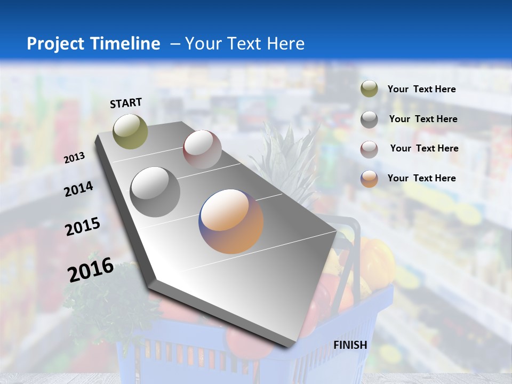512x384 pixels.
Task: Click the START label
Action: tap(126, 103)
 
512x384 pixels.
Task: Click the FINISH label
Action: tap(350, 345)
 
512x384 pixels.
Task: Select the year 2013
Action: tap(74, 158)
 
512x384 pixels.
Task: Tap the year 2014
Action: tap(78, 189)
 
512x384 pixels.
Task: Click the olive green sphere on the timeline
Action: tap(131, 131)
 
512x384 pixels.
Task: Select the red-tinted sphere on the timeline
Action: tap(202, 149)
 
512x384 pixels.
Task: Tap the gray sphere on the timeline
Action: tap(155, 192)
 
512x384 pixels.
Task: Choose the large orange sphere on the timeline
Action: tap(231, 221)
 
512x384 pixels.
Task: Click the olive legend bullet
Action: tap(369, 89)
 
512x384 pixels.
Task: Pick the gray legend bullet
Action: tap(369, 119)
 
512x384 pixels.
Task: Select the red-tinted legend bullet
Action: tap(369, 149)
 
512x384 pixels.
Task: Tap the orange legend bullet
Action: tap(369, 179)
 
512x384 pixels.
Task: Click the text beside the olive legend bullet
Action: tap(421, 89)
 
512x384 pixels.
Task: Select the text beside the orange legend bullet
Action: tap(421, 178)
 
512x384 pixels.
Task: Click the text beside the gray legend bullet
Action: tap(423, 119)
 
